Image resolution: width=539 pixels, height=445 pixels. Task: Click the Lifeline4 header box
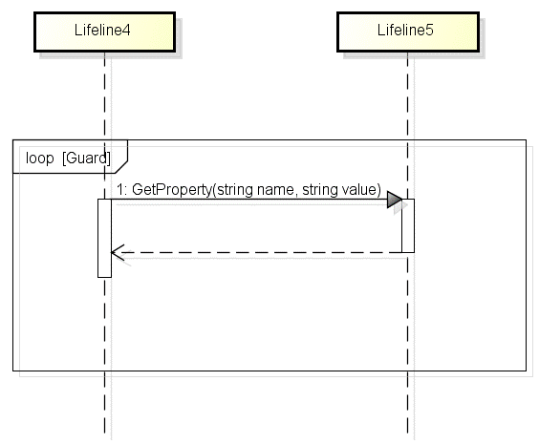point(104,32)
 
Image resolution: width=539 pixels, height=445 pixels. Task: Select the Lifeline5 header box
point(408,32)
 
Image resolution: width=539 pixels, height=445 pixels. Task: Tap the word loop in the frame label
point(40,158)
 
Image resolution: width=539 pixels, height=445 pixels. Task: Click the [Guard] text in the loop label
point(86,158)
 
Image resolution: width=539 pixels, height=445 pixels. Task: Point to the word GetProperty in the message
point(171,189)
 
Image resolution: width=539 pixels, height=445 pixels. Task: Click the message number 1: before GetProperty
point(121,189)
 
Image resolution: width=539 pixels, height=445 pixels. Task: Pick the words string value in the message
point(339,189)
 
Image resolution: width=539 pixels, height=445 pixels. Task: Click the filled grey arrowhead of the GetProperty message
point(395,200)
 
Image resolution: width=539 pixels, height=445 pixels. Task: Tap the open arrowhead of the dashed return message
point(118,252)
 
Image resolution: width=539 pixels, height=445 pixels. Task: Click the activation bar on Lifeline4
point(104,238)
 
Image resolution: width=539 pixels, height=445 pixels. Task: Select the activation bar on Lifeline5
point(408,225)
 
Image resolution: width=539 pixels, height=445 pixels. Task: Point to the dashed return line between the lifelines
point(256,252)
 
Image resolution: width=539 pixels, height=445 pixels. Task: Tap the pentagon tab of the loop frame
point(70,157)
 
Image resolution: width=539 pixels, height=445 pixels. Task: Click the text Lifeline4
point(102,31)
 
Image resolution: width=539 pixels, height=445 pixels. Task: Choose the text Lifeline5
point(405,31)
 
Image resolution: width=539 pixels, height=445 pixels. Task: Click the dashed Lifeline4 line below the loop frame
point(104,402)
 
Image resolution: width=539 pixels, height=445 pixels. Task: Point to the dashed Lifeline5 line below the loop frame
point(408,402)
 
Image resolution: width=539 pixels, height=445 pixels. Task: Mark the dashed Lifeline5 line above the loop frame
point(408,95)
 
